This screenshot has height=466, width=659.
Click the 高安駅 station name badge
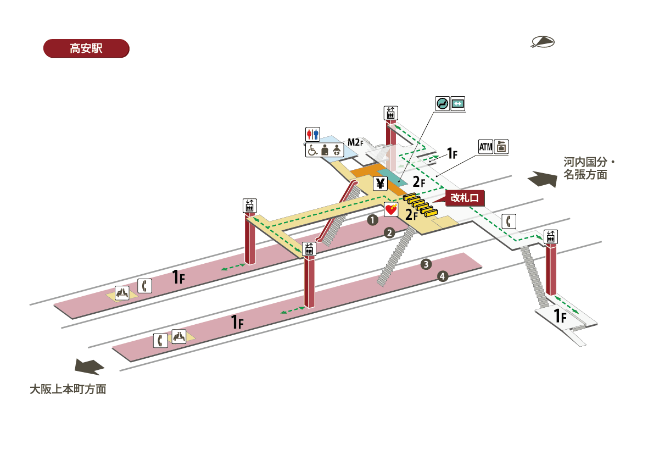point(86,48)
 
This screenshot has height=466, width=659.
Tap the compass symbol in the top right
point(543,42)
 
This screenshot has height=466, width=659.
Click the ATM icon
point(485,147)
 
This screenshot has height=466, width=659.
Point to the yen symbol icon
point(380,184)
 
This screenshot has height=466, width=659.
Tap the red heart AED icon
point(390,209)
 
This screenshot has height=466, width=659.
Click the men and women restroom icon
point(312,134)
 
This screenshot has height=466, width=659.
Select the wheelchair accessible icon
point(312,149)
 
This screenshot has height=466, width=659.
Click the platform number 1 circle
point(372,220)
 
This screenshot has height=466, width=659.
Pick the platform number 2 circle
point(389,232)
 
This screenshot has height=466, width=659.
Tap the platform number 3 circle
point(426,264)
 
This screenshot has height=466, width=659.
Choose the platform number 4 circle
point(443,276)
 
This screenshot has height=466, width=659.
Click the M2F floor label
point(355,142)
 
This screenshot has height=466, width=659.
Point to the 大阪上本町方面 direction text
point(68,390)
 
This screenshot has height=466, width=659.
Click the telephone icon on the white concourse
point(509,221)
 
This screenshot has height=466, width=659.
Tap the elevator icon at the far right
point(550,236)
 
